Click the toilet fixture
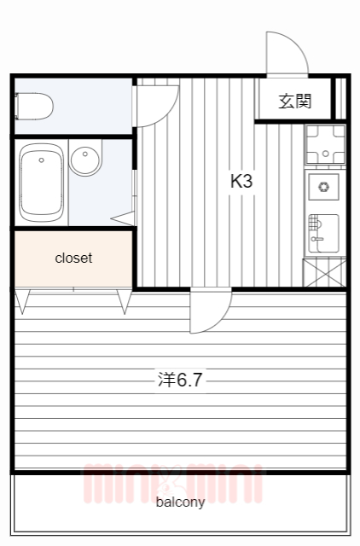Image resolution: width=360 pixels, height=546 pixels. pyautogui.click(x=34, y=107)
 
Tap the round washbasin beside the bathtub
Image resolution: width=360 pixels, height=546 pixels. pyautogui.click(x=84, y=160)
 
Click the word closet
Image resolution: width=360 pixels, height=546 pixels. pyautogui.click(x=73, y=258)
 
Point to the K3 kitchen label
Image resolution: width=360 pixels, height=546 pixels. pyautogui.click(x=242, y=181)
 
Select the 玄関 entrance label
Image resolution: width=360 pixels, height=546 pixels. pyautogui.click(x=294, y=102)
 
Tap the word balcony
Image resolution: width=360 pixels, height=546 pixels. pyautogui.click(x=180, y=502)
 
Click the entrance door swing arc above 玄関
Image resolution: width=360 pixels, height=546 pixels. pyautogui.click(x=286, y=53)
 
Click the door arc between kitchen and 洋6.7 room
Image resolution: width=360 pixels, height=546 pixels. pyautogui.click(x=210, y=312)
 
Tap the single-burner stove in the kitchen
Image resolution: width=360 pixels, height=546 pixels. pyautogui.click(x=324, y=187)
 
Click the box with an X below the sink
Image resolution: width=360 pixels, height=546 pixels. pyautogui.click(x=324, y=273)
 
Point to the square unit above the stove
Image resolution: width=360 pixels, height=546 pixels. pyautogui.click(x=324, y=143)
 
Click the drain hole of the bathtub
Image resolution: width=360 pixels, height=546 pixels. pyautogui.click(x=41, y=160)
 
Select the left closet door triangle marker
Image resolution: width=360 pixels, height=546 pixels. pyautogui.click(x=22, y=301)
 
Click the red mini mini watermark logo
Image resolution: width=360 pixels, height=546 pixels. pyautogui.click(x=171, y=483)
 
